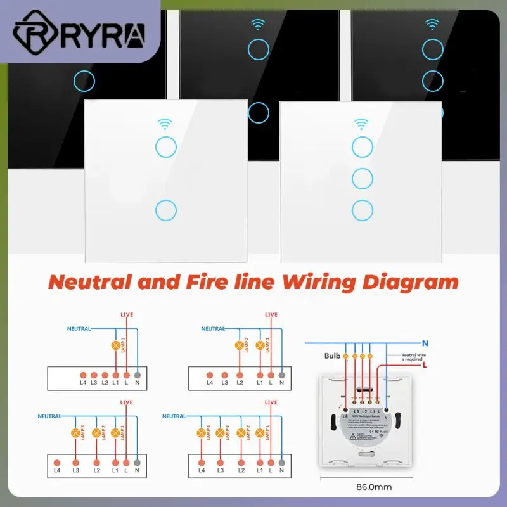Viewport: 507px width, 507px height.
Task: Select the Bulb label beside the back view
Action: point(333,356)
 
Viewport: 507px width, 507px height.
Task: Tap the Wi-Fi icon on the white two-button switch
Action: point(165,123)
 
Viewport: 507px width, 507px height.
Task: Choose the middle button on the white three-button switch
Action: point(363,177)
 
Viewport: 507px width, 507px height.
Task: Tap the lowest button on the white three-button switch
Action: point(363,210)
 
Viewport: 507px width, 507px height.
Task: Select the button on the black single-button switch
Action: point(84,80)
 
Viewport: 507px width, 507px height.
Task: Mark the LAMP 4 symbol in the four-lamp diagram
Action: point(202,433)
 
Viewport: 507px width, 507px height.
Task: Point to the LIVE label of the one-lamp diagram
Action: point(127,315)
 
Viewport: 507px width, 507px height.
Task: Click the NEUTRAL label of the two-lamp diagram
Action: point(214,329)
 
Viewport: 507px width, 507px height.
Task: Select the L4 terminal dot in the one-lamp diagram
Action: point(82,375)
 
